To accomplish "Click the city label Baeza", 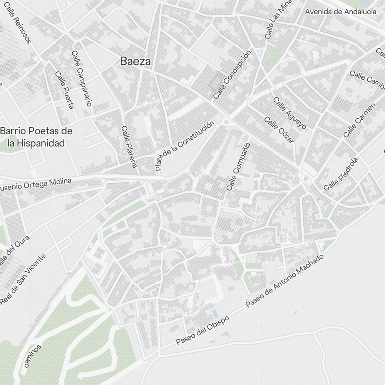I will (x=135, y=61).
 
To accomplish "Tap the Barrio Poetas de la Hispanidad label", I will (x=37, y=137).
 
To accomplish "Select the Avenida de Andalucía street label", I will (x=340, y=12).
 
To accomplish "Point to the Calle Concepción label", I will (x=232, y=74).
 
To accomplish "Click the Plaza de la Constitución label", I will (x=184, y=146).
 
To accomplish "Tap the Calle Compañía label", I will (x=239, y=167).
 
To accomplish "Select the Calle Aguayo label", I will (x=290, y=113).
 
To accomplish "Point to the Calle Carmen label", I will (x=359, y=121).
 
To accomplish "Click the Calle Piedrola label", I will (x=341, y=174).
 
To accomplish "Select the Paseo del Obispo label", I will (x=203, y=330).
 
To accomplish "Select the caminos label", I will (x=32, y=356).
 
